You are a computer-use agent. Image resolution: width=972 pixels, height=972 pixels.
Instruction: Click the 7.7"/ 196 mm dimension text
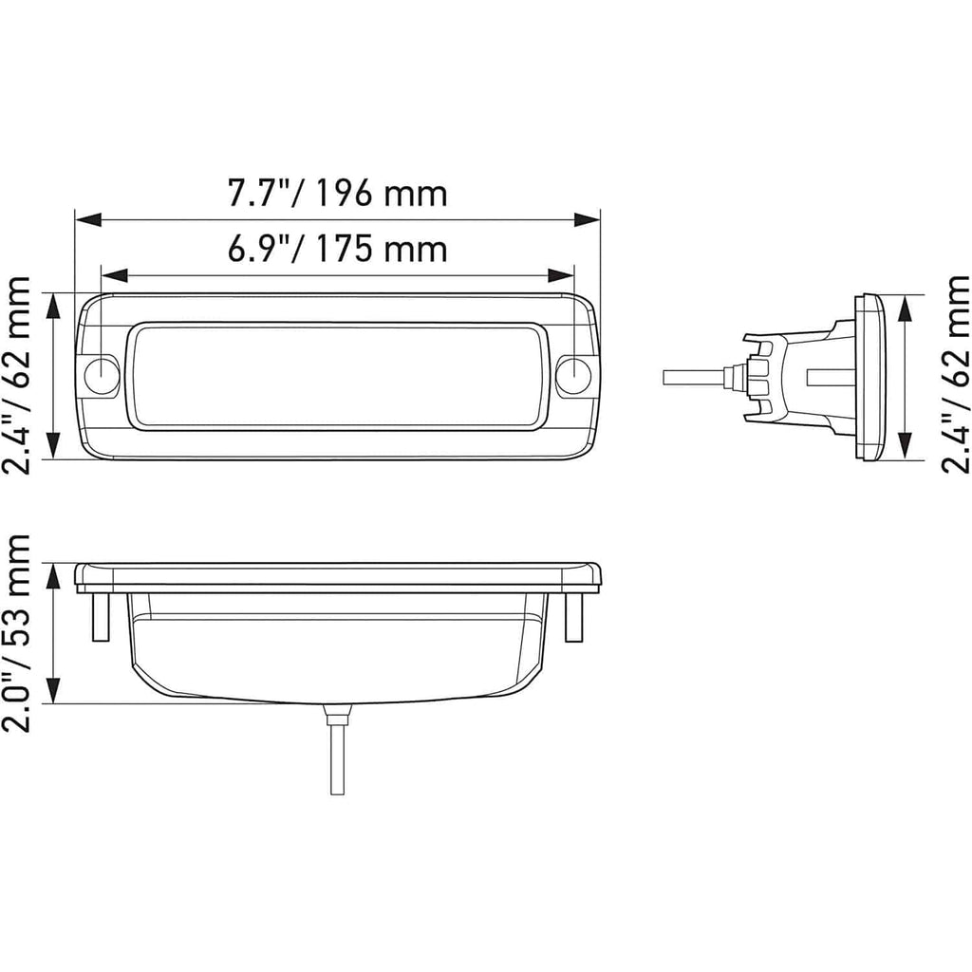pos(337,194)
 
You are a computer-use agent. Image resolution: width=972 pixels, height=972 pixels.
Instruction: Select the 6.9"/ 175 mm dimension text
pos(337,250)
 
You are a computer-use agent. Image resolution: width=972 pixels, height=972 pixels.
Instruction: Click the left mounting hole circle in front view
pos(101,376)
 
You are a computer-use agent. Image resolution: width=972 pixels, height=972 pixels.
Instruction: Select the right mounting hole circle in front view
pos(573,376)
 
